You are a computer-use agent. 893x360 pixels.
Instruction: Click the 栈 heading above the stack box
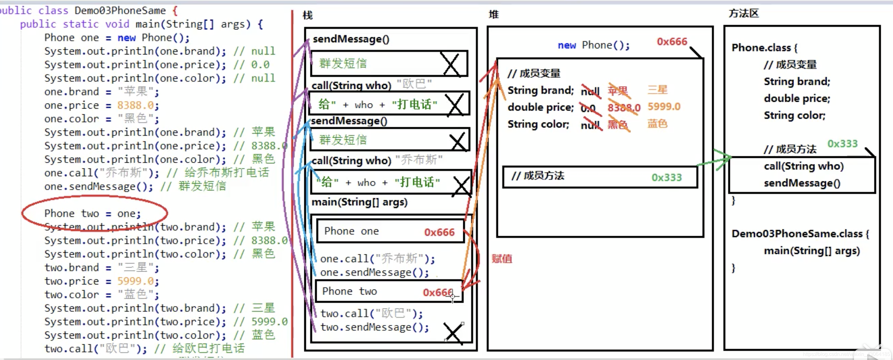307,15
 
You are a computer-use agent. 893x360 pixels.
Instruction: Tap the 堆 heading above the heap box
494,14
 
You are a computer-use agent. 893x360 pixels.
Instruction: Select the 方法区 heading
744,13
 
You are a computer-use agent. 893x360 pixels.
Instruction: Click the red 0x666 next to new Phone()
671,42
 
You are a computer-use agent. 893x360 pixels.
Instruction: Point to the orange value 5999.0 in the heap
664,106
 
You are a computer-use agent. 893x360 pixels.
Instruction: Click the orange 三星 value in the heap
657,90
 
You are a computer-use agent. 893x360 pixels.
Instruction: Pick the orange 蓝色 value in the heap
657,124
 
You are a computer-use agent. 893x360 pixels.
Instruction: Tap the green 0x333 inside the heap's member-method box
666,177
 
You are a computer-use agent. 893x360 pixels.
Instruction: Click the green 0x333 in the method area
842,143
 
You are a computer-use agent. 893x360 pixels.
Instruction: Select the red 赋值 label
502,258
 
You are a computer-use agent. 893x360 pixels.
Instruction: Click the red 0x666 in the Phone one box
439,232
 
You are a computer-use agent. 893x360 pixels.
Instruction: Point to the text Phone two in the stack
349,291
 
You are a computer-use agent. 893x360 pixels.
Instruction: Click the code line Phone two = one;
93,213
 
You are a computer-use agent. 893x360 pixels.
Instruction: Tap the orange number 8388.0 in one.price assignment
135,105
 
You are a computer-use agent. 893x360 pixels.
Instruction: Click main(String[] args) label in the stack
359,202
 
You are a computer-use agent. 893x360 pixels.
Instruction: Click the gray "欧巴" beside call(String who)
414,84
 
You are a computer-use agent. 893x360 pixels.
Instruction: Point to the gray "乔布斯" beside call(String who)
419,160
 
